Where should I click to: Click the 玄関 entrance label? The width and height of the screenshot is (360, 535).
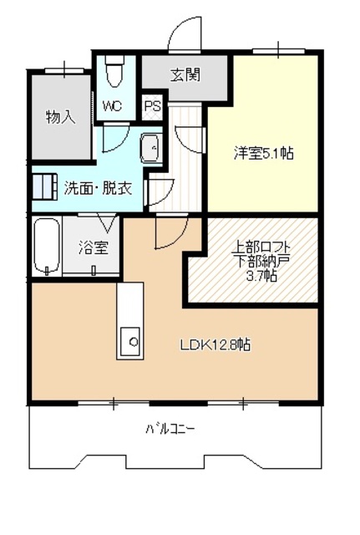(185, 74)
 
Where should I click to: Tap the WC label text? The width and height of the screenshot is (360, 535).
(113, 106)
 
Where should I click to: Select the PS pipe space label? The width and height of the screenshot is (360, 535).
(152, 106)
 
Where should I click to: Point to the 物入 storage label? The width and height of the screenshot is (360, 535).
(61, 117)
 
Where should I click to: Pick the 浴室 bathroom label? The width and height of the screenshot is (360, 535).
(93, 248)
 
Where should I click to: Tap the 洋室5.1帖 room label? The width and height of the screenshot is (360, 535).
(262, 153)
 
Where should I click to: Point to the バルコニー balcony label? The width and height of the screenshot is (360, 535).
(170, 429)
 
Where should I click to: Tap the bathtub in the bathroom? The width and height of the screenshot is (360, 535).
(47, 247)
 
